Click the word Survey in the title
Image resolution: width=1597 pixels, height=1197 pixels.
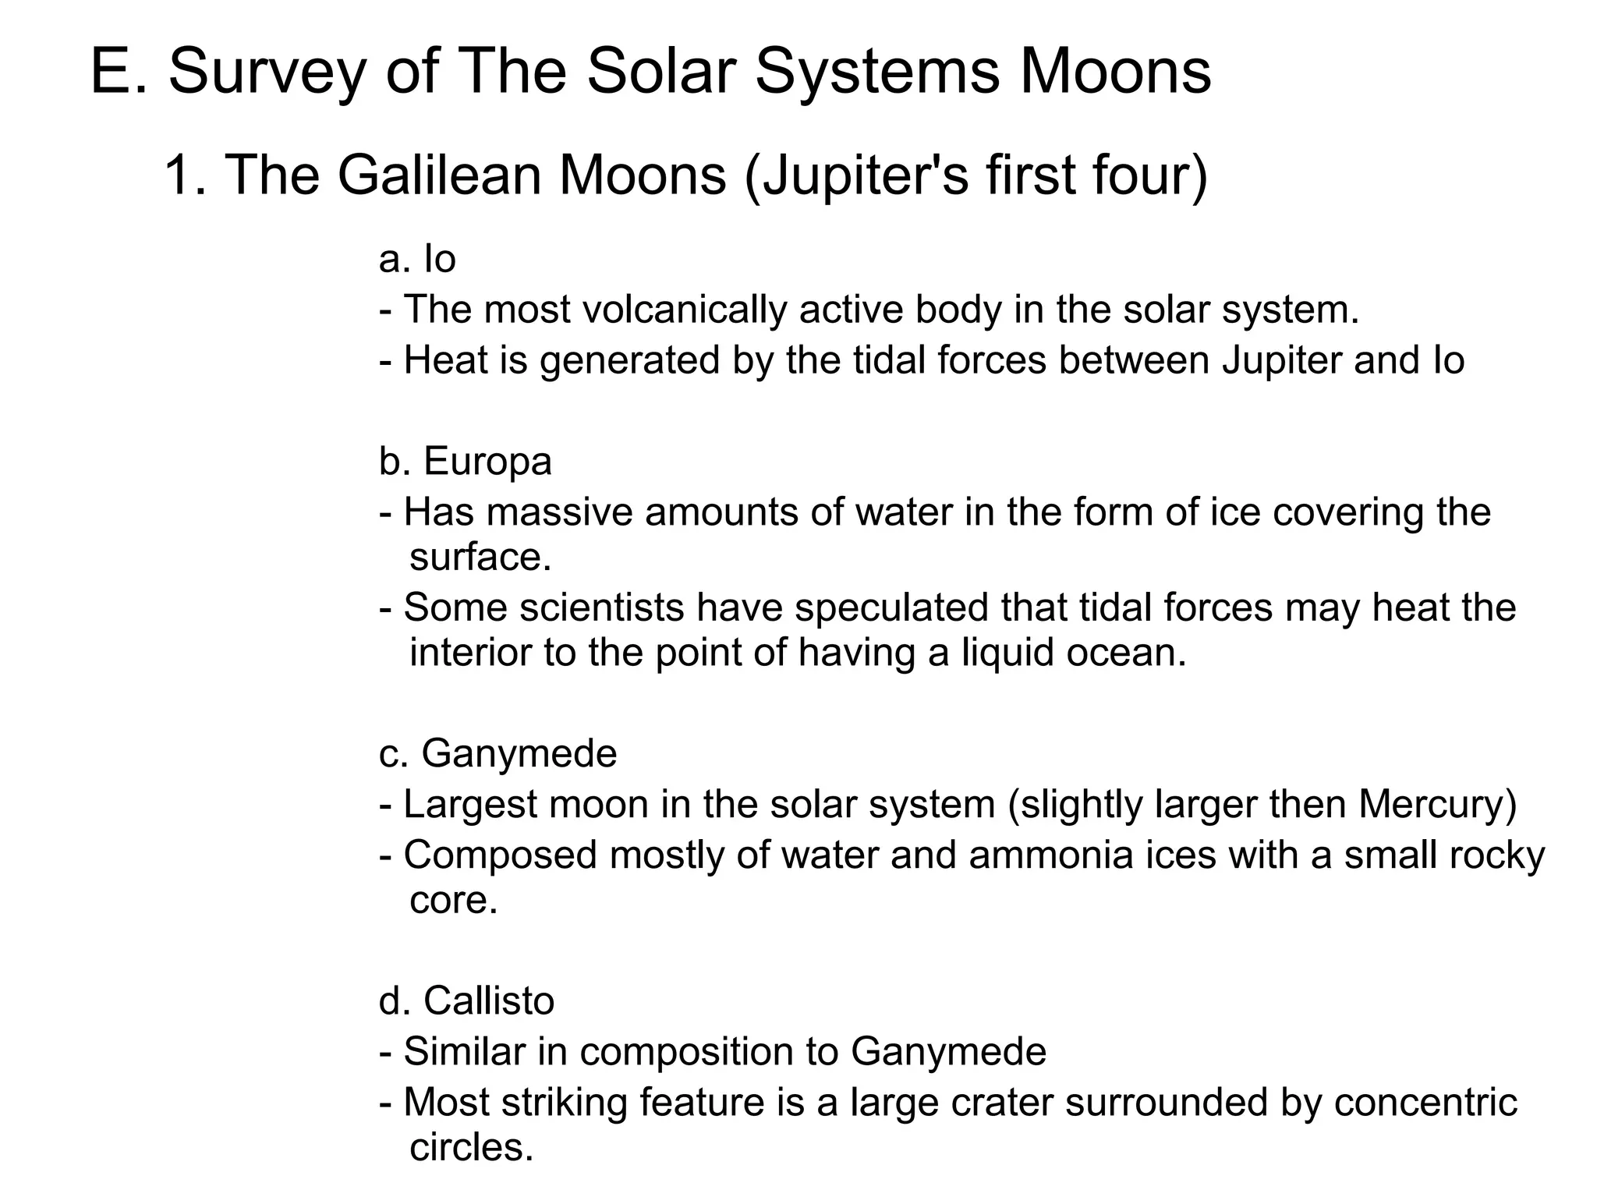(267, 73)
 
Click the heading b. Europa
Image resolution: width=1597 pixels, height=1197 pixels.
(466, 461)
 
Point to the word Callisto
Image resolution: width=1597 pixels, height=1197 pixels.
(489, 1000)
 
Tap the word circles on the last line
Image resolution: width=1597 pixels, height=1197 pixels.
(471, 1147)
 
